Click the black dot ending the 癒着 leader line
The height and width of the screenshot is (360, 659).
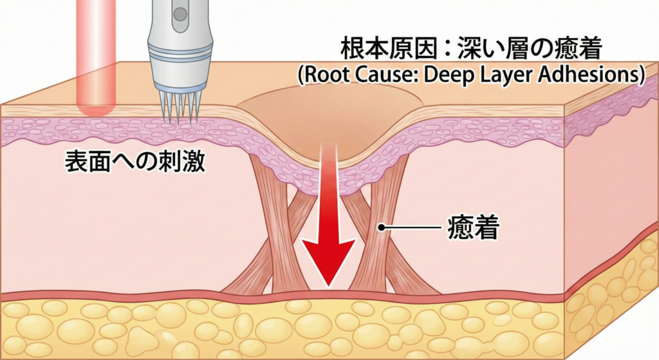(382, 227)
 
